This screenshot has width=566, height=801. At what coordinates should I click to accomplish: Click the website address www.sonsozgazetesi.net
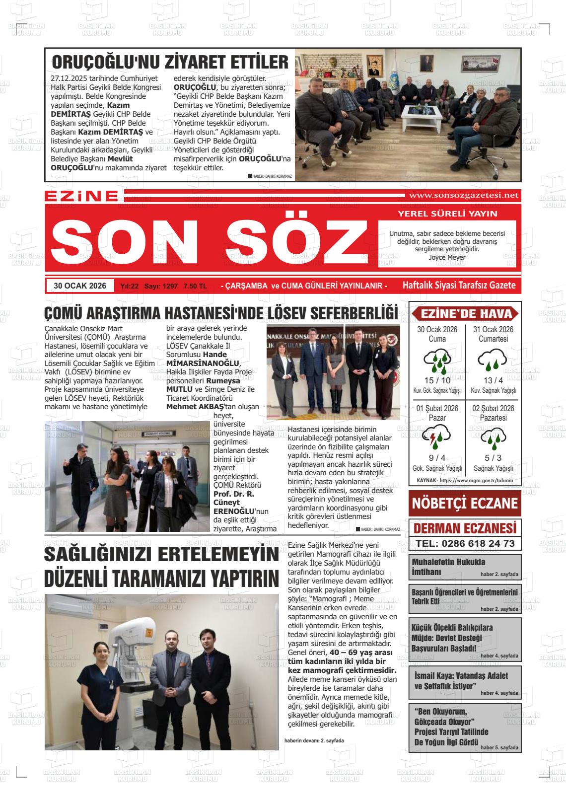coord(462,196)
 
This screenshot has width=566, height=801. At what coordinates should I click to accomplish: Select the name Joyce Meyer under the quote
coord(447,257)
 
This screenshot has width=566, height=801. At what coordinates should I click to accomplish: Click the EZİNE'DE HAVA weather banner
coord(465,314)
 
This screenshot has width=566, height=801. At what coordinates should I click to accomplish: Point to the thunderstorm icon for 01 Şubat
coord(437,437)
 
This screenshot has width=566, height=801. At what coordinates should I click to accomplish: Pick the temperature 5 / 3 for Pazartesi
coord(493,458)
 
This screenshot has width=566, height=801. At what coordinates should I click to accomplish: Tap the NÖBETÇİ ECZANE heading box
coord(465,503)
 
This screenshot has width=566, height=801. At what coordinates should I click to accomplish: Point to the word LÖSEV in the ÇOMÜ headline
coord(282,314)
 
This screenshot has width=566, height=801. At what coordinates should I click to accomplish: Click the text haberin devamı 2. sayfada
coord(314,740)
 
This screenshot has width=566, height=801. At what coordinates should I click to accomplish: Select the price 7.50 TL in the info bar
coord(195,286)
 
